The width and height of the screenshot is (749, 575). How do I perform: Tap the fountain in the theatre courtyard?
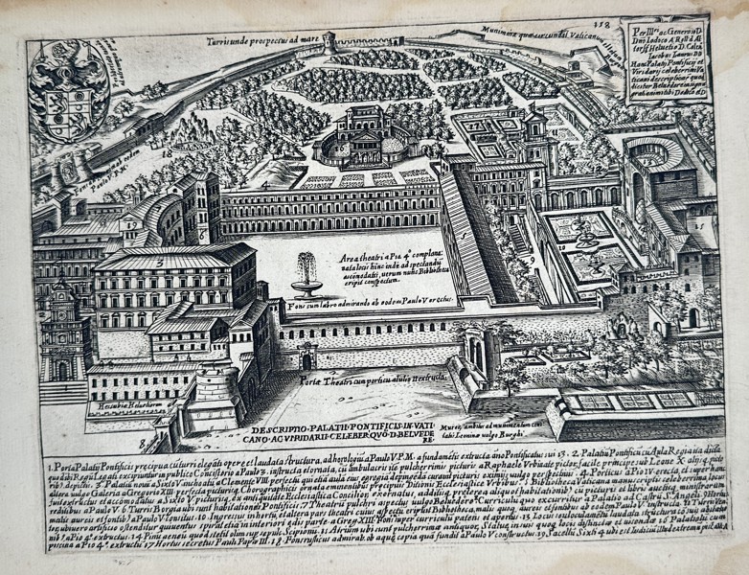coord(306,272)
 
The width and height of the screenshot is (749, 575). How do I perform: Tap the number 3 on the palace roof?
coord(164,260)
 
